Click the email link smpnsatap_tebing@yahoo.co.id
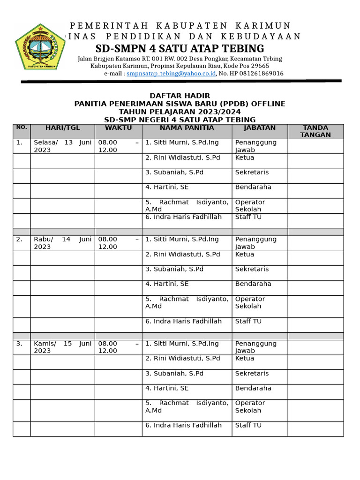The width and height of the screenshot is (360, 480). tap(171, 74)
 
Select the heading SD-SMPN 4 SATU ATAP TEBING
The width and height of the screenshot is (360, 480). tap(180, 49)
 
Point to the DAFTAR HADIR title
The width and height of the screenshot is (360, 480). tap(180, 96)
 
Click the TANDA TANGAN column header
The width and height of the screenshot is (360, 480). tap(315, 131)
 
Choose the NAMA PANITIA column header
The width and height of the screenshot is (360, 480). tap(187, 128)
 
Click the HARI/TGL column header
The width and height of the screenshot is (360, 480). tap(62, 128)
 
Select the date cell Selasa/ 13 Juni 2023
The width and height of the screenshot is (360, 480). tap(62, 146)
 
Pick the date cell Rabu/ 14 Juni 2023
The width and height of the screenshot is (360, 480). tap(62, 243)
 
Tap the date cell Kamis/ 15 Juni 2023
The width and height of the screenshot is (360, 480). tap(62, 347)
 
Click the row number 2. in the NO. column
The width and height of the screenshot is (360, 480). tap(19, 240)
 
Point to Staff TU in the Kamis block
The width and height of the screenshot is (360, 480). tap(248, 426)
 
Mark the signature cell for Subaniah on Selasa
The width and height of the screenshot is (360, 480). tap(315, 176)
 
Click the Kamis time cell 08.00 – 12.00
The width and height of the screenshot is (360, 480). tap(118, 347)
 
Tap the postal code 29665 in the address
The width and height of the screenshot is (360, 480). tap(260, 66)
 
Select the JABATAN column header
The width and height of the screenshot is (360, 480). tap(260, 128)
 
